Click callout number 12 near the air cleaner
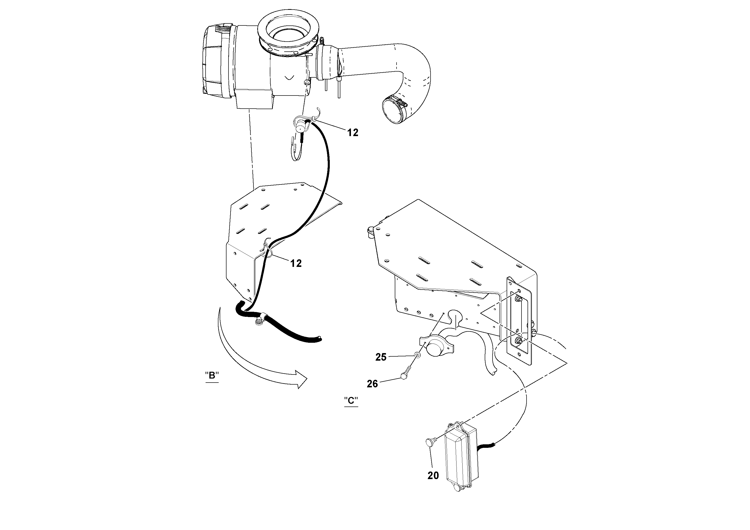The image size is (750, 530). pos(353,133)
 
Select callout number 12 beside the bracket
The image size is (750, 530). pos(296,263)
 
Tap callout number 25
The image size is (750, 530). pos(381,357)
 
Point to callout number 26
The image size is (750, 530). pos(372,384)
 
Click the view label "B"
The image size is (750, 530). pos(212,376)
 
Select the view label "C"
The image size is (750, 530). pos(351,401)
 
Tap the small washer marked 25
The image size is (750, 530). pos(417,355)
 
